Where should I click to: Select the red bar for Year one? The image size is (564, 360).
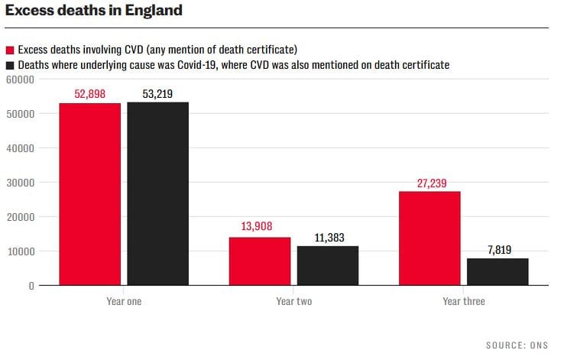tap(89, 194)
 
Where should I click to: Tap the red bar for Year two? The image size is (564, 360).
tap(260, 261)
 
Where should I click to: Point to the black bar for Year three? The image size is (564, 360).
tap(498, 271)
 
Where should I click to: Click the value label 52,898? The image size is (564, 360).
tap(89, 94)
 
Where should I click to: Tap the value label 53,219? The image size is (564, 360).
tap(157, 94)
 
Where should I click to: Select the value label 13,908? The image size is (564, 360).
tap(260, 227)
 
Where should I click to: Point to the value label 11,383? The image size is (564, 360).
tap(328, 237)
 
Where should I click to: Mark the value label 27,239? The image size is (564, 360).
tap(429, 183)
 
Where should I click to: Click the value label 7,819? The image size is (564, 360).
tap(498, 249)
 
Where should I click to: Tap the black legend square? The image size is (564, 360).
tap(9, 66)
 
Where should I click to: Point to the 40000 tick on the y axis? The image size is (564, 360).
tap(21, 148)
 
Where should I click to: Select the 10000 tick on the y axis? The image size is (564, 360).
tap(21, 251)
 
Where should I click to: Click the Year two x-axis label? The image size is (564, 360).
tap(293, 301)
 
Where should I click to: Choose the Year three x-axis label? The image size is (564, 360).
tap(463, 301)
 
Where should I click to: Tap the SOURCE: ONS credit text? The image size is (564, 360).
tap(517, 345)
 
